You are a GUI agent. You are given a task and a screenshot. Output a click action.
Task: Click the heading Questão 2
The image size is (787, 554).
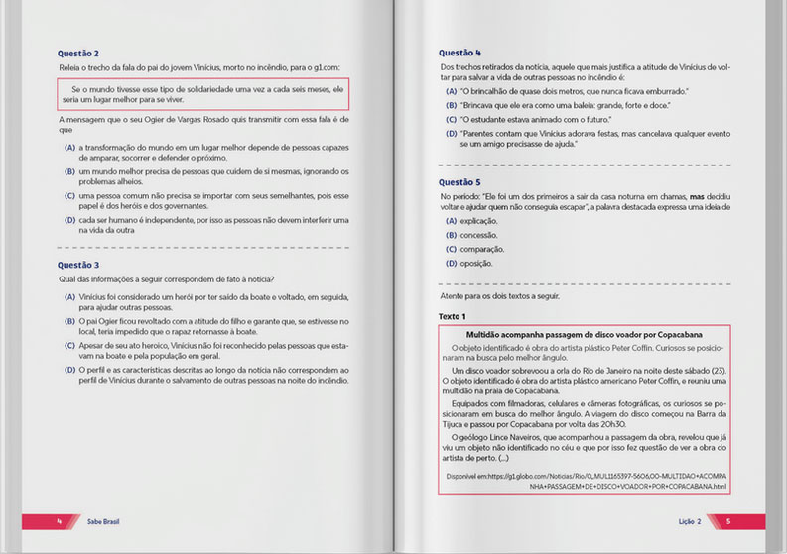tap(78, 53)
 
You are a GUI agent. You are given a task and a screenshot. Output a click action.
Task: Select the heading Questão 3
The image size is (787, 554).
tap(78, 265)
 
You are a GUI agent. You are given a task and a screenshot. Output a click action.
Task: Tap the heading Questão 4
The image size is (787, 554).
tap(459, 53)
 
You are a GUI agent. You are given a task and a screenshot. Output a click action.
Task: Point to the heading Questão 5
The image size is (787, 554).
tap(459, 182)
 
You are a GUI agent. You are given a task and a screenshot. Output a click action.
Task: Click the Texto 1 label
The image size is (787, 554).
tap(453, 315)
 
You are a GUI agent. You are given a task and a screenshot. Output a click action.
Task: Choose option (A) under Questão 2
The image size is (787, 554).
tap(69, 147)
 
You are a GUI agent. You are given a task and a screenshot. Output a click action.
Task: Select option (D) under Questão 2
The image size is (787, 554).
tap(69, 219)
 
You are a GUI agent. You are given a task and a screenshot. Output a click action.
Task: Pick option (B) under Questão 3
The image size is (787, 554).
tap(69, 321)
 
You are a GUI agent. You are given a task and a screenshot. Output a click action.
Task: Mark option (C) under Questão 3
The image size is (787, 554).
tap(69, 345)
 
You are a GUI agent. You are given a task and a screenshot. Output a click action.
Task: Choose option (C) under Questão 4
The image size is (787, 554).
tap(452, 119)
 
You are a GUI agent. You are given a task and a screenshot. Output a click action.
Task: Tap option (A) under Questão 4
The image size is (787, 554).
tap(452, 91)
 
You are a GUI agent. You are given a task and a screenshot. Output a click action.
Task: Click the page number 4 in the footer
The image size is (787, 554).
tap(59, 520)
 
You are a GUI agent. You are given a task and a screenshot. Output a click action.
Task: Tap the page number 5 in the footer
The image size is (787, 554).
tap(728, 520)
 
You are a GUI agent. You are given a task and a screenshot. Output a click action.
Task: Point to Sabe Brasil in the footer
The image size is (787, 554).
tap(101, 520)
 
